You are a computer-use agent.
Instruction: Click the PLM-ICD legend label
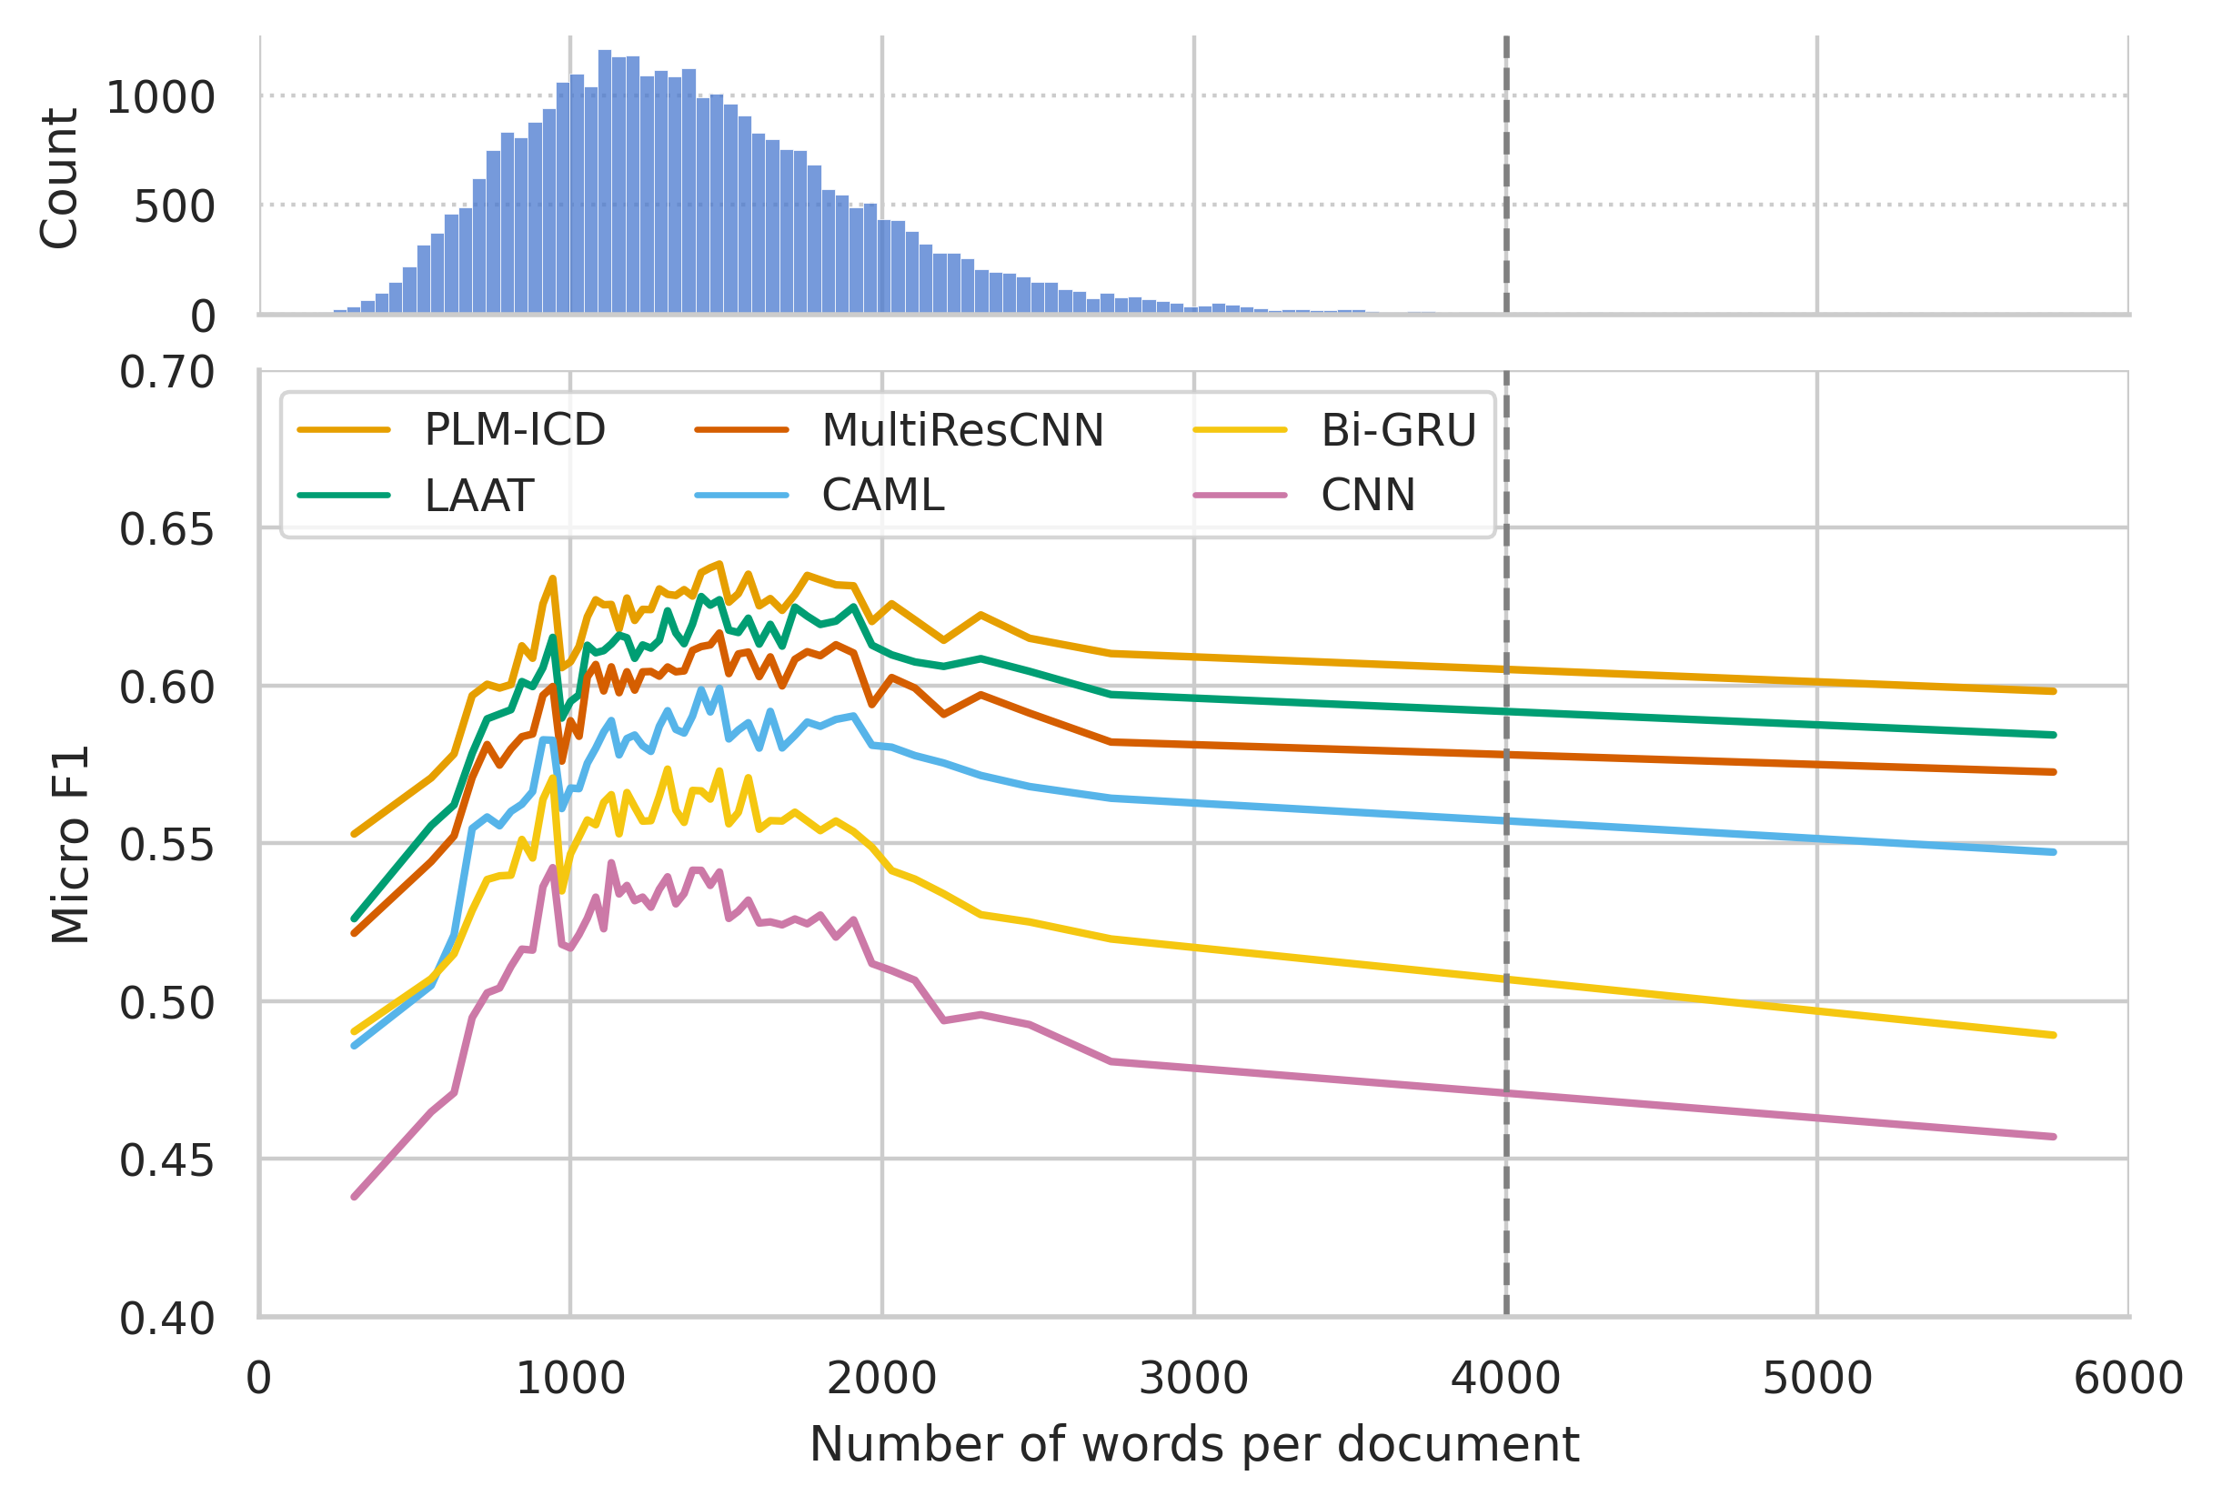pyautogui.click(x=515, y=430)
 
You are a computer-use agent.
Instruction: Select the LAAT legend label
pyautogui.click(x=478, y=496)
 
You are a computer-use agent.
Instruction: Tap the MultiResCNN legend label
pyautogui.click(x=962, y=430)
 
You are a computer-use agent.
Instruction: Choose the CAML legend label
pyautogui.click(x=882, y=496)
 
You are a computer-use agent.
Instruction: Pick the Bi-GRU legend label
pyautogui.click(x=1398, y=430)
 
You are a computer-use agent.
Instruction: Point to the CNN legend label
pyautogui.click(x=1367, y=496)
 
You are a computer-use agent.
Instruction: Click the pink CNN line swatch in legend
pyautogui.click(x=1240, y=496)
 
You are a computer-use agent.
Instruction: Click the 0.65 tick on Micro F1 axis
pyautogui.click(x=166, y=529)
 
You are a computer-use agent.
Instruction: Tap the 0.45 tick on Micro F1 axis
pyautogui.click(x=166, y=1160)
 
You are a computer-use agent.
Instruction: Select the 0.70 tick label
pyautogui.click(x=166, y=372)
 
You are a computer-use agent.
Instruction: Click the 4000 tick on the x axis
pyautogui.click(x=1506, y=1379)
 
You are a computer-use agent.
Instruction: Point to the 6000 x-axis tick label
pyautogui.click(x=2128, y=1379)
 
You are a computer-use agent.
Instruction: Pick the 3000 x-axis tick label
pyautogui.click(x=1193, y=1379)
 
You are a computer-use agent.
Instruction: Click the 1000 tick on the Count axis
pyautogui.click(x=160, y=97)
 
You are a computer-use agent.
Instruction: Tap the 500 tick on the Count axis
pyautogui.click(x=174, y=206)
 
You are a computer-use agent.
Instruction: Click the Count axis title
pyautogui.click(x=59, y=178)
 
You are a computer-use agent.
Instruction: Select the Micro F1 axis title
pyautogui.click(x=71, y=844)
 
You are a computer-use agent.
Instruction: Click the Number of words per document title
pyautogui.click(x=1193, y=1444)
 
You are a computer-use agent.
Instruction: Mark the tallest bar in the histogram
pyautogui.click(x=604, y=182)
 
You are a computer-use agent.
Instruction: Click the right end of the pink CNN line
pyautogui.click(x=2053, y=1137)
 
